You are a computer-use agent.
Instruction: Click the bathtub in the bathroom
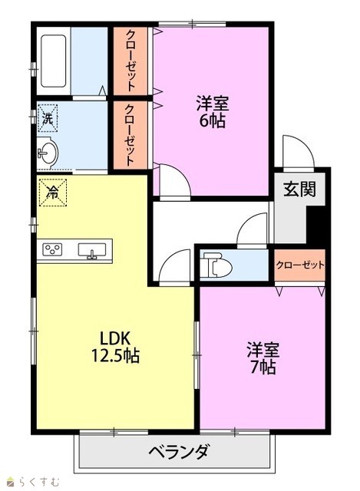pyautogui.click(x=53, y=61)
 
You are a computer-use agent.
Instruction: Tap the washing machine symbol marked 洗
pyautogui.click(x=48, y=118)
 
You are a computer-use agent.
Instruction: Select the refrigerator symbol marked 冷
pyautogui.click(x=53, y=193)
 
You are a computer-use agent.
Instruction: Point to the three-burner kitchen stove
pyautogui.click(x=52, y=249)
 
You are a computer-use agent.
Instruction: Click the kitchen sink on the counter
pyautogui.click(x=92, y=251)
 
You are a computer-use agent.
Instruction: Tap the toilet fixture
pyautogui.click(x=216, y=265)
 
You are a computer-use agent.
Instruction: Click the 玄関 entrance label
pyautogui.click(x=299, y=189)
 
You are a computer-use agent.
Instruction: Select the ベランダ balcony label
pyautogui.click(x=178, y=452)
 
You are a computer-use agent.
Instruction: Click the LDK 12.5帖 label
pyautogui.click(x=115, y=346)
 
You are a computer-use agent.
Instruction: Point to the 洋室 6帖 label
pyautogui.click(x=212, y=112)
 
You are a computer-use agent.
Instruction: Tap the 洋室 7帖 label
pyautogui.click(x=263, y=358)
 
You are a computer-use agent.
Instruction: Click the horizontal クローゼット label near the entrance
pyautogui.click(x=300, y=265)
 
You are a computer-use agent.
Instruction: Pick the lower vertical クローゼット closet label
pyautogui.click(x=130, y=135)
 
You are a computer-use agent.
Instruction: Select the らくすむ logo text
pyautogui.click(x=39, y=481)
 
